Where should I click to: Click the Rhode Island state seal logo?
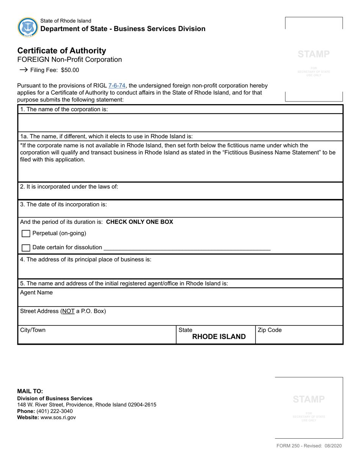(x=28, y=27)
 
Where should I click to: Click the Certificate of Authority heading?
(x=62, y=51)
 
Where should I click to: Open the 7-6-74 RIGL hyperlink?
(x=117, y=86)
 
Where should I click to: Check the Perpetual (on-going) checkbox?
(x=26, y=234)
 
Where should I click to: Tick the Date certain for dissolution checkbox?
(x=26, y=248)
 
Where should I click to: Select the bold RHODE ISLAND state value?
(x=219, y=337)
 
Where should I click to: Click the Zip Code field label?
(x=269, y=330)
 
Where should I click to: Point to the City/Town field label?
(x=33, y=330)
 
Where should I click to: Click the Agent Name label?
(x=36, y=292)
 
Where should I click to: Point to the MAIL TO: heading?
(x=30, y=391)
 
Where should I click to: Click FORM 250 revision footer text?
(x=308, y=446)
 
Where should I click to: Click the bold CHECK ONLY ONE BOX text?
(x=139, y=222)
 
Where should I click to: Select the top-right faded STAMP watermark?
(x=313, y=54)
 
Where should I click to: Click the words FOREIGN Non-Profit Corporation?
(x=70, y=59)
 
